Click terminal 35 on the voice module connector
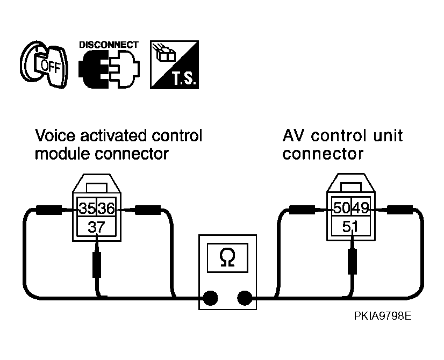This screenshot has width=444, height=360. click(x=87, y=208)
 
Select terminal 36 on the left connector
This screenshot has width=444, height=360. click(x=106, y=208)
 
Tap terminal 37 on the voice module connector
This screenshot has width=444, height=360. click(x=97, y=226)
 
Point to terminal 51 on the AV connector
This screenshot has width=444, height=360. click(x=351, y=226)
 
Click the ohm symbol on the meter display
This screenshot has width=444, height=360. click(x=227, y=257)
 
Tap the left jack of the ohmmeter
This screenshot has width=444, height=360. click(x=210, y=298)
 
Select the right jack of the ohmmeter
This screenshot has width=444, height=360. click(x=245, y=298)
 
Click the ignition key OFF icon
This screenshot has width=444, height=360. click(x=44, y=64)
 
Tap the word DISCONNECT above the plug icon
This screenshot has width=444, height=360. click(x=109, y=45)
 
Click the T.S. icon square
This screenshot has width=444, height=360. click(x=174, y=64)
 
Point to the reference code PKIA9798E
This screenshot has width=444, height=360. click(x=383, y=315)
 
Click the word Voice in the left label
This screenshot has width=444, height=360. click(x=56, y=135)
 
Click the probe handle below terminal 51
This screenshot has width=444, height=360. click(x=352, y=261)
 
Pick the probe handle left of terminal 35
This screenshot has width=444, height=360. click(x=49, y=210)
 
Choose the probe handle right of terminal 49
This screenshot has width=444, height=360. click(x=400, y=210)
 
